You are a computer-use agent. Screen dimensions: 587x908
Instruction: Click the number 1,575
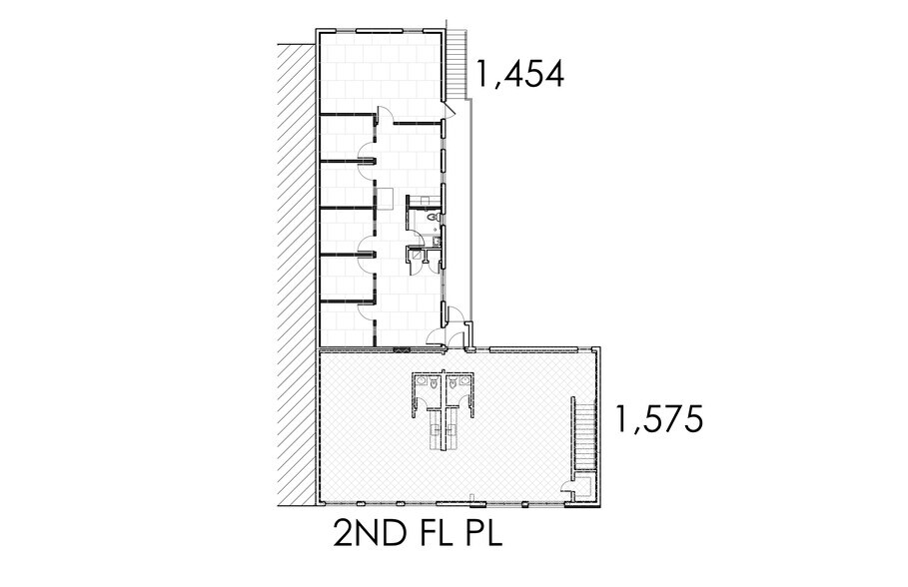click(x=660, y=419)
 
